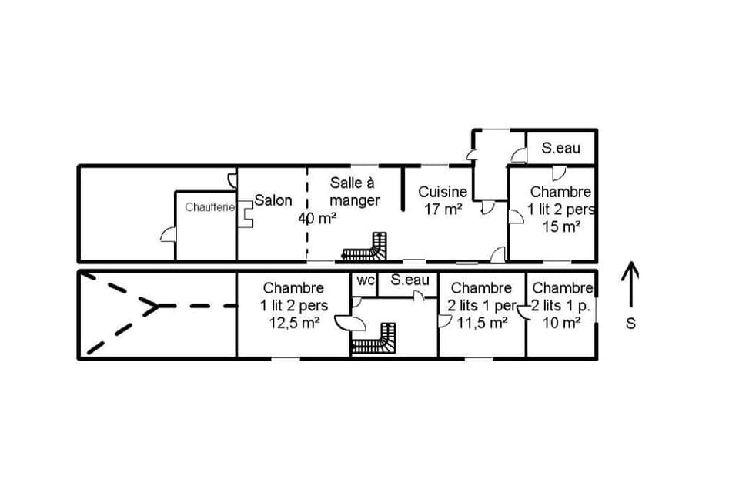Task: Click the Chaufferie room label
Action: click(x=209, y=207)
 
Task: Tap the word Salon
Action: click(x=273, y=200)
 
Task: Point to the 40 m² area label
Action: click(x=317, y=218)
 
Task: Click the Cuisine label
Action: click(x=443, y=192)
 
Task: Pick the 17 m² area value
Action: click(x=443, y=209)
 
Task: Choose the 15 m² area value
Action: click(x=560, y=226)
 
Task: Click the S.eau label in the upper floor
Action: click(x=560, y=148)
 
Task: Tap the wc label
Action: click(x=365, y=280)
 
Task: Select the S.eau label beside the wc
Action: click(x=410, y=280)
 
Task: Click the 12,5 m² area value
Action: click(x=293, y=323)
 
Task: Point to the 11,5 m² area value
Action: click(x=482, y=323)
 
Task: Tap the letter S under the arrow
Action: click(x=630, y=324)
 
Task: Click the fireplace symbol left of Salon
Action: click(x=245, y=212)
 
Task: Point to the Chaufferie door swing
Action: click(x=168, y=233)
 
